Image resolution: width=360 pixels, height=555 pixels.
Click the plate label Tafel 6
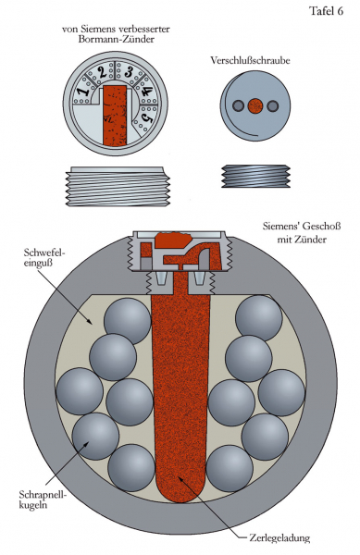coord(326,11)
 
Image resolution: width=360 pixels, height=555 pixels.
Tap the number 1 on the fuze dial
coord(83,92)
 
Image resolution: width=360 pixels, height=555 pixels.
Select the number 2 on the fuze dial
coord(103,73)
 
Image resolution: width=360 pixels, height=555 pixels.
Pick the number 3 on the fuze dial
coord(128,72)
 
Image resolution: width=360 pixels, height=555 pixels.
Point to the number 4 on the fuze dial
coord(146,92)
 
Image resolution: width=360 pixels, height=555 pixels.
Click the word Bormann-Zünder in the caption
coord(116,39)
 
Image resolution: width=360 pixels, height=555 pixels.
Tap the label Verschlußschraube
coord(250,60)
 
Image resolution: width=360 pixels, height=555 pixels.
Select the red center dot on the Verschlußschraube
coord(254,105)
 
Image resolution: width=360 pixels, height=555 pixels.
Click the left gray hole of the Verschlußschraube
coord(238,105)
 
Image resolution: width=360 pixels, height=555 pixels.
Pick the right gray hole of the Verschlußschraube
coord(273,105)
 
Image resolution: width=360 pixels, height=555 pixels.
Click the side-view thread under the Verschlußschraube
coord(255,176)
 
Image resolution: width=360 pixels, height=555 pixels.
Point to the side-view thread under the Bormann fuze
coord(118,186)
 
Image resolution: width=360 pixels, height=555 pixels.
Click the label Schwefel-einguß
coord(44,258)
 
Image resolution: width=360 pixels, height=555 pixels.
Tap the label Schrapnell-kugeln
coord(43,499)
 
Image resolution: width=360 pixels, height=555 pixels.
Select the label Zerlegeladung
coord(279,538)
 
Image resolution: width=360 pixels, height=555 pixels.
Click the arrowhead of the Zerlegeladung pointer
coord(180,478)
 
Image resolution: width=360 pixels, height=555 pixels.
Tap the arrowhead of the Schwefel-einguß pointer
coord(92,321)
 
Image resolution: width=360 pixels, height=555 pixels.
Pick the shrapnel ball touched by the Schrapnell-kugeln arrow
coord(95,436)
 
